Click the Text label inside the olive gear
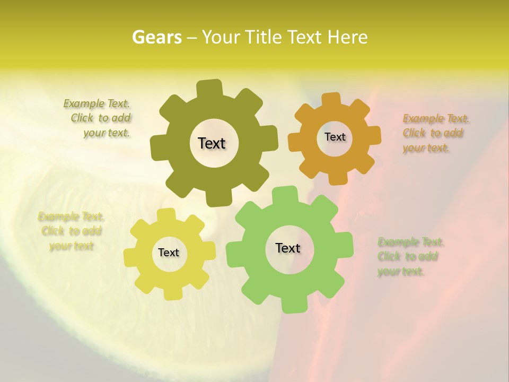(x=212, y=143)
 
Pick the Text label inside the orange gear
(x=335, y=137)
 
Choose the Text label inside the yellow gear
(x=169, y=253)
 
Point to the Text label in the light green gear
(x=288, y=248)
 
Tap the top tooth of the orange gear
(x=331, y=100)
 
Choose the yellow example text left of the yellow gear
(x=71, y=231)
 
